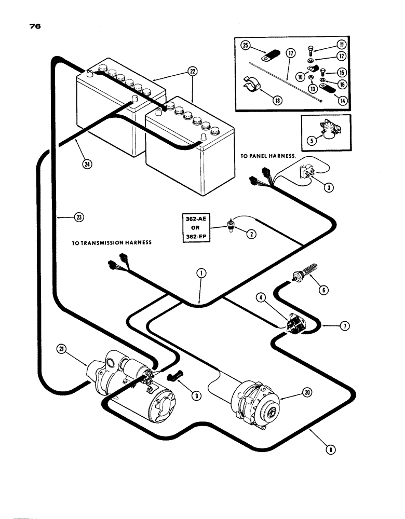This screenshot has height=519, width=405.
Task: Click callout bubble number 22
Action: click(193, 73)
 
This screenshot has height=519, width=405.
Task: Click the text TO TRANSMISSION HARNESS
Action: click(111, 242)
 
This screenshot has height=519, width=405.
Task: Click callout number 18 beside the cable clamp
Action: click(276, 100)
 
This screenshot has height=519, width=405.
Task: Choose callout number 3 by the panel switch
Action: click(328, 187)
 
